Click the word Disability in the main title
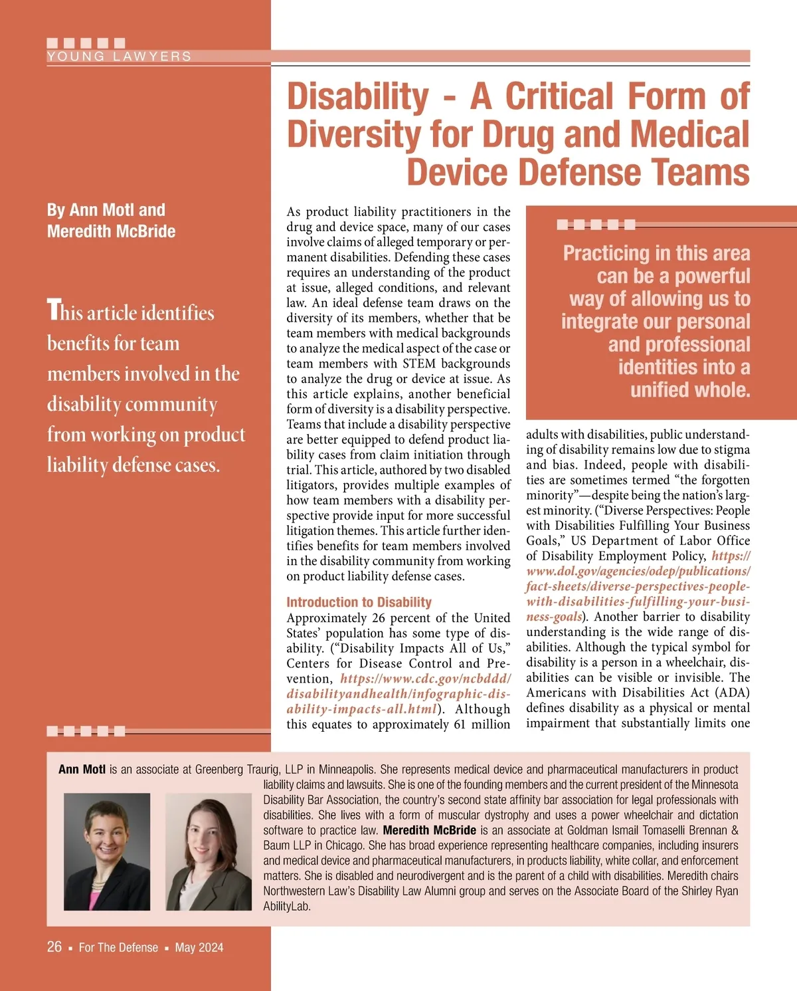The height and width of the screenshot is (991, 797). coord(358,97)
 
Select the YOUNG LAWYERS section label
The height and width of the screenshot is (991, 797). coord(119,56)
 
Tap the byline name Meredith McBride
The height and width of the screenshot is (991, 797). coord(111,231)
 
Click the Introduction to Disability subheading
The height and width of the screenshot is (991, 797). coord(359,602)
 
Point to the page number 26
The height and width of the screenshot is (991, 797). coord(54,946)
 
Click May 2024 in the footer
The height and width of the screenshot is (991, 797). coord(199,947)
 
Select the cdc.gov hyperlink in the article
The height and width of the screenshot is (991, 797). coord(398,694)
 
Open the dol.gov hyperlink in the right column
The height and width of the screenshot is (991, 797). coord(638,586)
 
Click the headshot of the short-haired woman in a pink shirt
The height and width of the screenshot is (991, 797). coord(107,852)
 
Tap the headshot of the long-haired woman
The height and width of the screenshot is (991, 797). coord(209,852)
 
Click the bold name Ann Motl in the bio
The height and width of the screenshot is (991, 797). coord(82,770)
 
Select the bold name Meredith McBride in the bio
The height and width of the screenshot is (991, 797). coord(429,830)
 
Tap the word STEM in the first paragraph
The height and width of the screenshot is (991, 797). coord(419,364)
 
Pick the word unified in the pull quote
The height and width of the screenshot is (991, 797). coord(664,389)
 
